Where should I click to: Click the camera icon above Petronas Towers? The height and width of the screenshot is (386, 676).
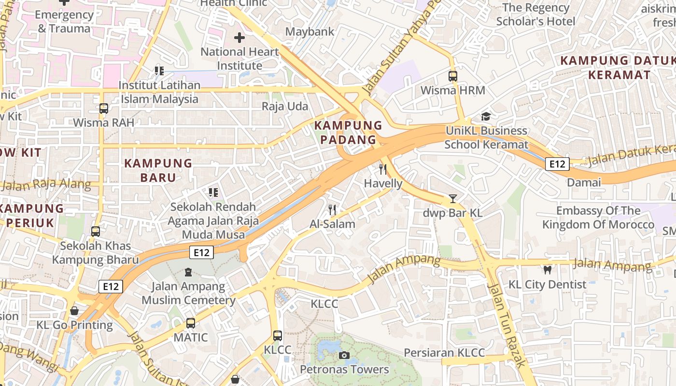344,356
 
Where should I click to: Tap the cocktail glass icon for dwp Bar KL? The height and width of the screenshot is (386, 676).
452,198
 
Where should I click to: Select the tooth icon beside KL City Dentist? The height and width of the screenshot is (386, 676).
547,270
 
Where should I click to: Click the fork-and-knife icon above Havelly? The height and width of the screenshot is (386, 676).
383,169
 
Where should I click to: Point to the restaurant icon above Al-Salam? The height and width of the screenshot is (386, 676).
332,210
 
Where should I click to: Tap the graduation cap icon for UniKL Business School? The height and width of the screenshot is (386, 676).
486,117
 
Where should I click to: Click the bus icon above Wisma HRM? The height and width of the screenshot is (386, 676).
452,76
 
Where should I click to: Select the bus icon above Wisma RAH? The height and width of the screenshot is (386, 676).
103,109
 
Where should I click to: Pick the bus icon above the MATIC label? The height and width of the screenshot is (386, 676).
191,323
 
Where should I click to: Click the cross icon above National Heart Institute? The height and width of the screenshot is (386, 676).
239,38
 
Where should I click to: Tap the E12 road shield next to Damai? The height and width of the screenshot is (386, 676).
557,164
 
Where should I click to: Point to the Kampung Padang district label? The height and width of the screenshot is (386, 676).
345,133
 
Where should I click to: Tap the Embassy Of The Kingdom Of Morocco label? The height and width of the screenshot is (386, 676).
598,218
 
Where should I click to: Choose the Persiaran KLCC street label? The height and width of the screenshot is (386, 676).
444,353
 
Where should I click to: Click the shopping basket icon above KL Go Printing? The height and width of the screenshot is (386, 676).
74,311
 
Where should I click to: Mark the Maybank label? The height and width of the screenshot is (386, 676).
310,32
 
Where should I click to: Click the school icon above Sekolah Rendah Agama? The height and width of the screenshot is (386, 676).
213,193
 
